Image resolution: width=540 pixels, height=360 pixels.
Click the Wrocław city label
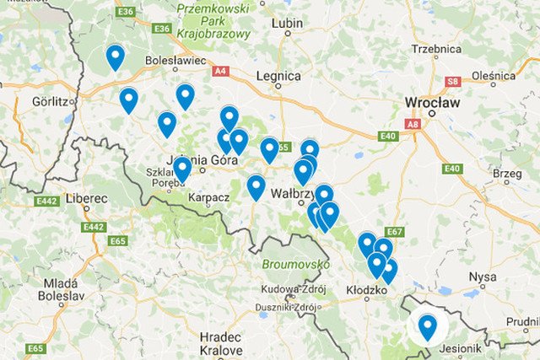pyautogui.click(x=432, y=103)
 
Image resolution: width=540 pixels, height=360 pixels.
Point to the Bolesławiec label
pyautogui.click(x=175, y=61)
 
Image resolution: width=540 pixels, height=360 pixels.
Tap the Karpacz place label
pyautogui.click(x=210, y=197)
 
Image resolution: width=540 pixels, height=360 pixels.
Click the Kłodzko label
pyautogui.click(x=366, y=290)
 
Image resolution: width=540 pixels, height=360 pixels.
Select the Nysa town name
pyautogui.click(x=483, y=277)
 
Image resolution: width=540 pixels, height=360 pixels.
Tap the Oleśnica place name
pyautogui.click(x=493, y=75)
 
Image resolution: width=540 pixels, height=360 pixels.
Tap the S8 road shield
pyautogui.click(x=453, y=82)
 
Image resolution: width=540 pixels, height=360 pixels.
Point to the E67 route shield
pyautogui.click(x=393, y=232)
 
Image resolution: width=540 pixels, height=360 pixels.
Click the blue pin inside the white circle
pyautogui.click(x=428, y=326)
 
